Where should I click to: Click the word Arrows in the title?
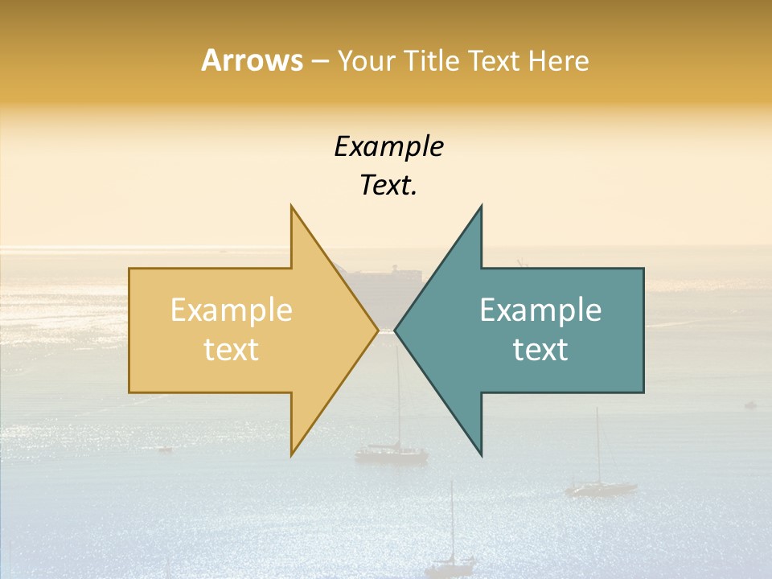pyautogui.click(x=252, y=60)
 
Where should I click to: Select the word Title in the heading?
pyautogui.click(x=432, y=61)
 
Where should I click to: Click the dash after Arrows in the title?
pyautogui.click(x=319, y=62)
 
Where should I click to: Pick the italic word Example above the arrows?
pyautogui.click(x=388, y=147)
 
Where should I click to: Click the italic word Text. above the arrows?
pyautogui.click(x=388, y=186)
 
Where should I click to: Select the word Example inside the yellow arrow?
pyautogui.click(x=232, y=310)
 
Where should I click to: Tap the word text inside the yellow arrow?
pyautogui.click(x=232, y=350)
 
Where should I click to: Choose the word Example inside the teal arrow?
pyautogui.click(x=540, y=310)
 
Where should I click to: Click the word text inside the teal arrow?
pyautogui.click(x=540, y=350)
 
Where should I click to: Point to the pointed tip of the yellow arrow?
pyautogui.click(x=378, y=330)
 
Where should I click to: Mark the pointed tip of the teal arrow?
pyautogui.click(x=395, y=330)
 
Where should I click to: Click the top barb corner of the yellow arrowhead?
pyautogui.click(x=291, y=206)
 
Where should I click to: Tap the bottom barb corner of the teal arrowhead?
pyautogui.click(x=481, y=454)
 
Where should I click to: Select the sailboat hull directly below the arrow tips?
pyautogui.click(x=392, y=454)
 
